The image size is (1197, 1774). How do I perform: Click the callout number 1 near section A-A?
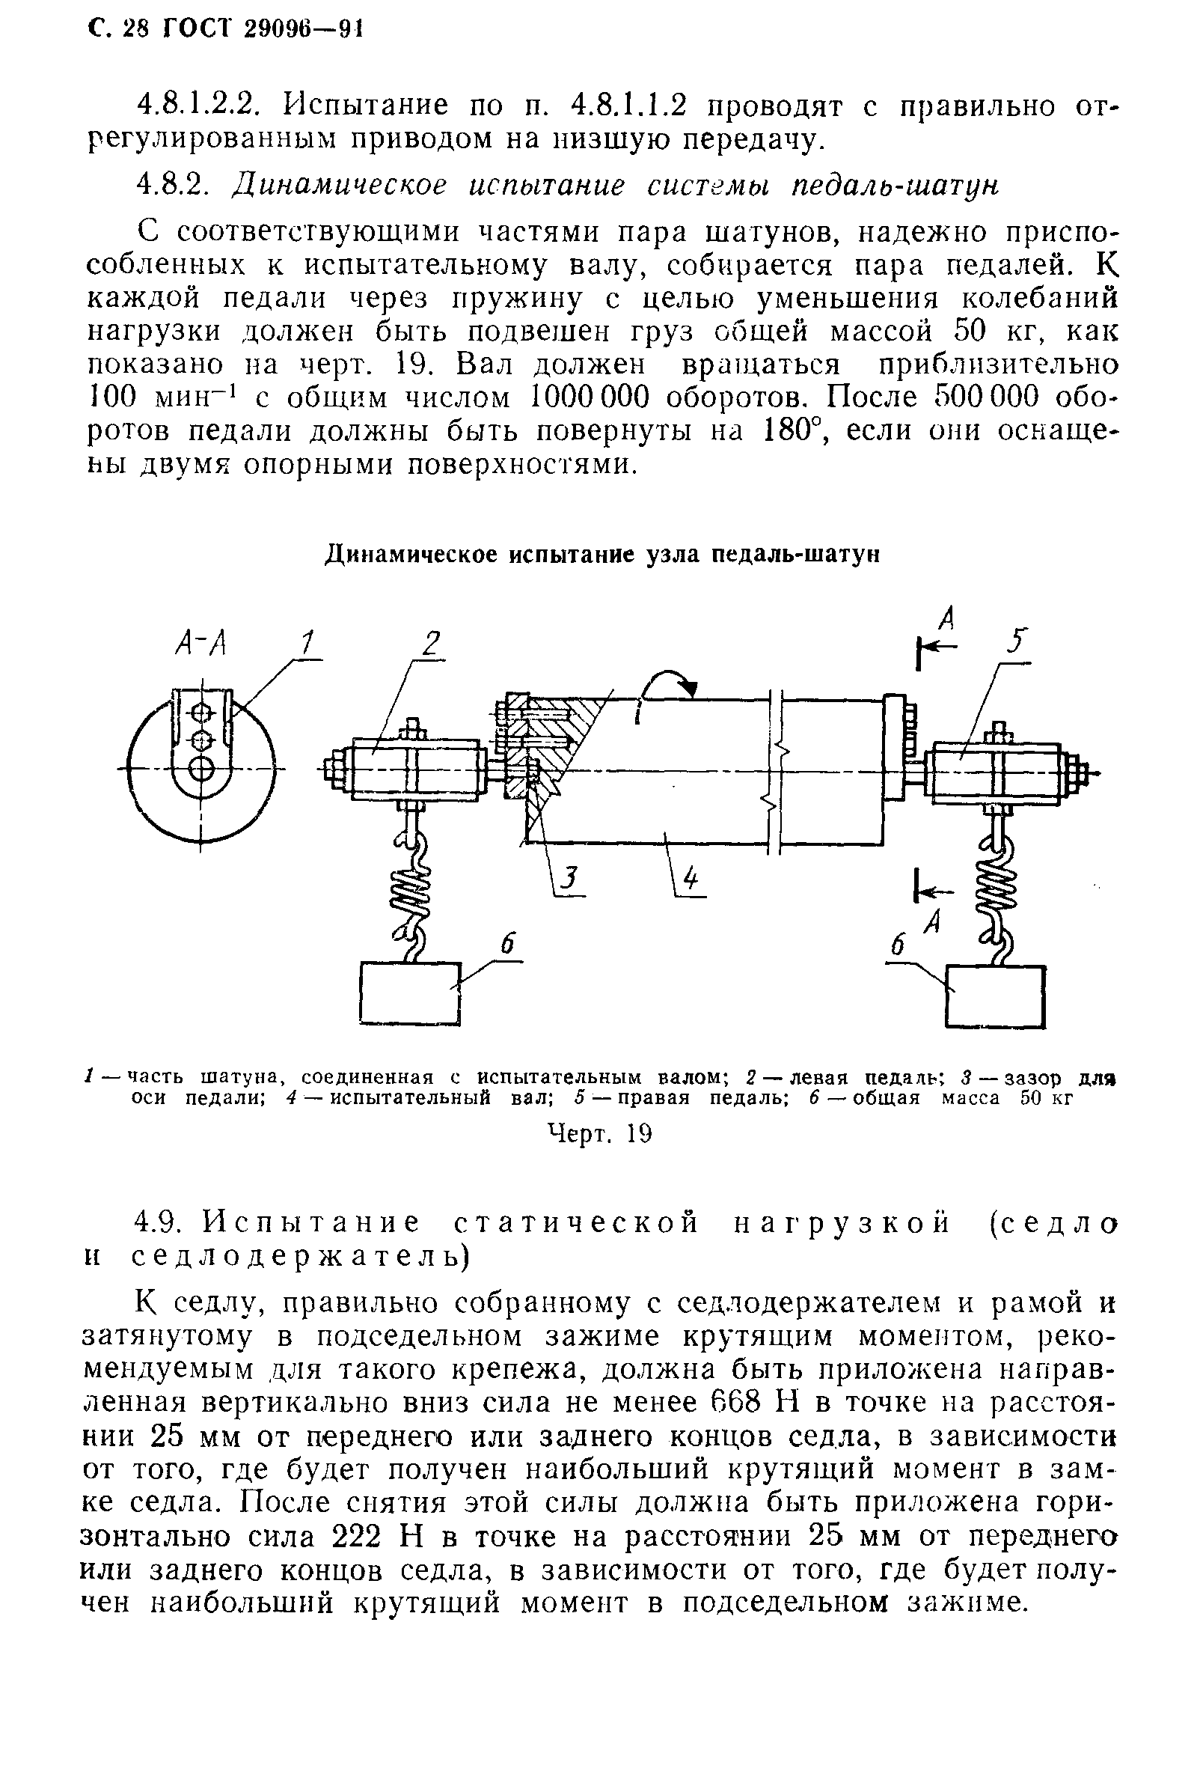(x=307, y=643)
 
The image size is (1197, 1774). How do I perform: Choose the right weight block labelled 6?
(x=995, y=996)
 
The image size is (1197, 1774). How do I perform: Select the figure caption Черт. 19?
(x=600, y=1133)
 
